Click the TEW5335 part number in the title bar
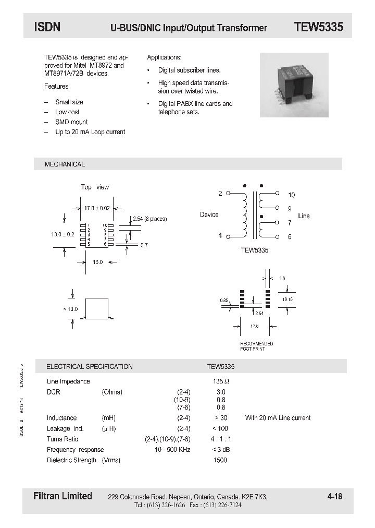(x=318, y=27)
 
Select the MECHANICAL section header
(x=65, y=164)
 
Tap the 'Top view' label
(x=95, y=187)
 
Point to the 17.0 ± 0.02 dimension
(x=97, y=208)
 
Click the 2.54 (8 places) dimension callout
(x=149, y=219)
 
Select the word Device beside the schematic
(x=209, y=214)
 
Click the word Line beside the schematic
(x=304, y=215)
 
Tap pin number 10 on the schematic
(x=291, y=195)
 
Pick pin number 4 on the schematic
(x=220, y=236)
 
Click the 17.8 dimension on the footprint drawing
(x=254, y=326)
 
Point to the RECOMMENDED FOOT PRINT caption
(x=256, y=346)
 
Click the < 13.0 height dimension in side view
(x=70, y=309)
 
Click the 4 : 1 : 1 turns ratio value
(x=221, y=439)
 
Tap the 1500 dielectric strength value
(x=220, y=460)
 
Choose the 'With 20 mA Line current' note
(x=278, y=418)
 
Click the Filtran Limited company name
(x=59, y=496)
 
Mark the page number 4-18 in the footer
(x=335, y=497)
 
